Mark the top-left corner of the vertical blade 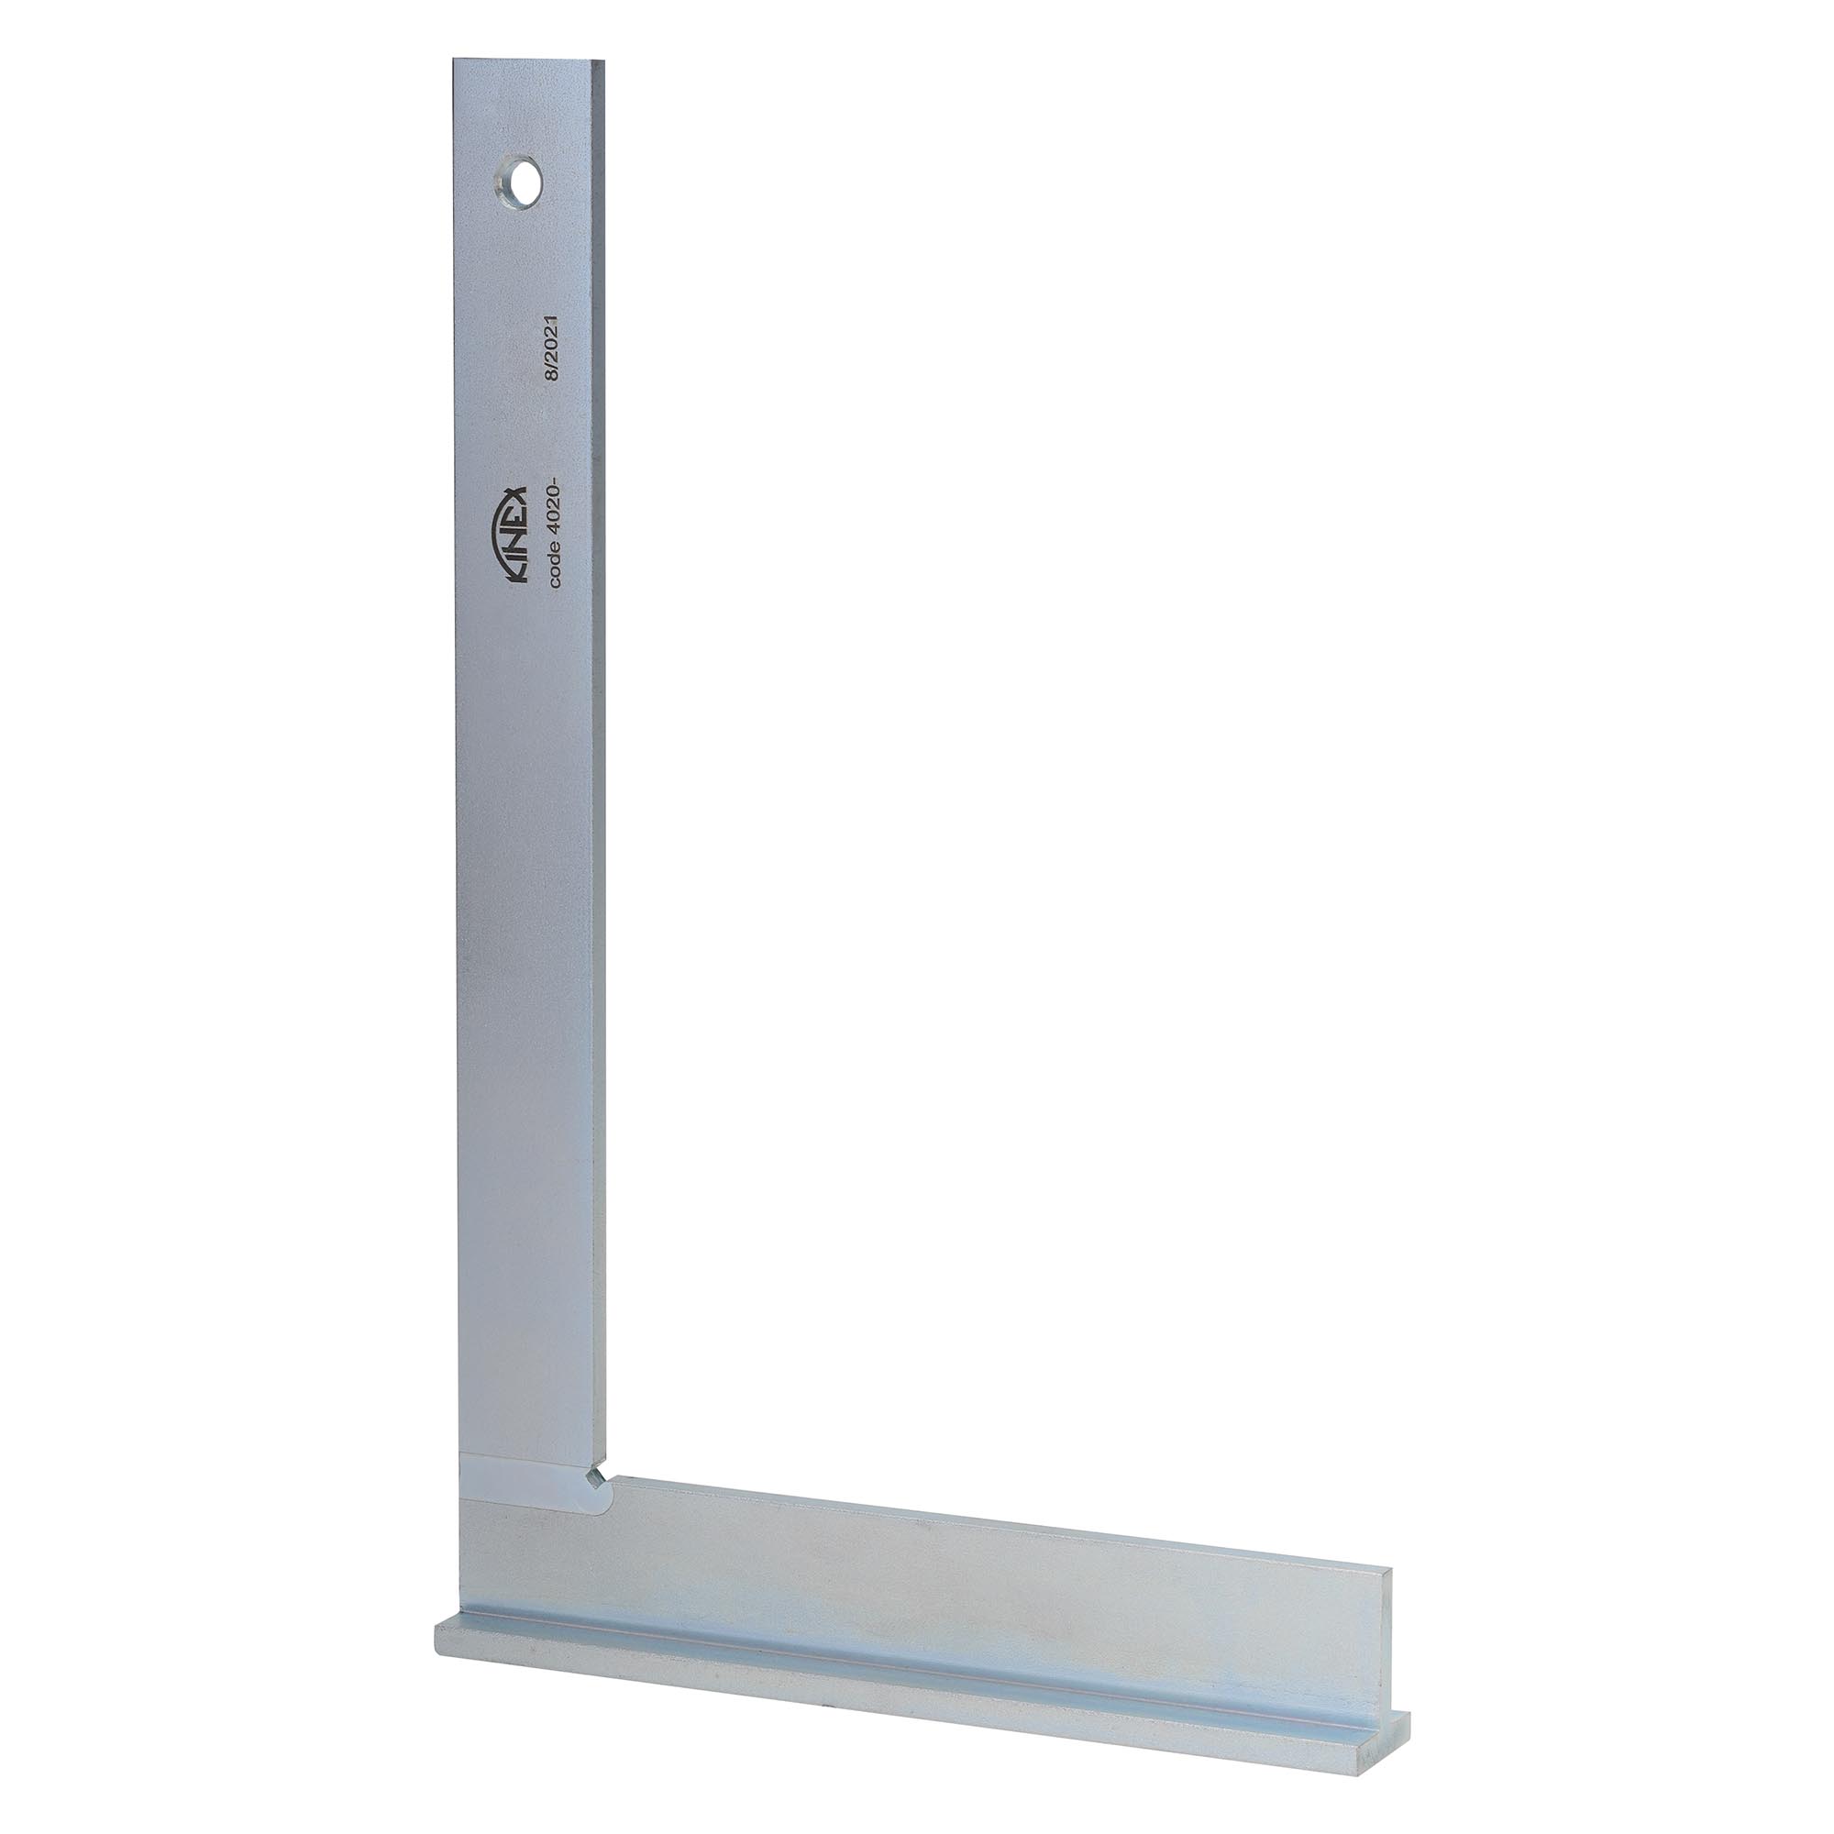[454, 59]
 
